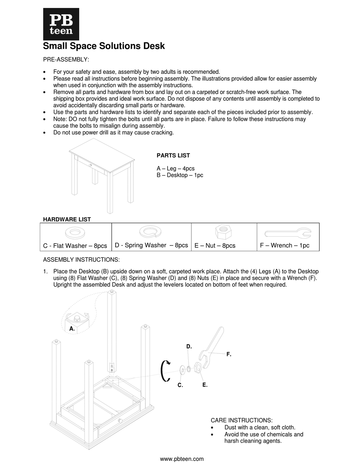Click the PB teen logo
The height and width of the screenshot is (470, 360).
[61, 24]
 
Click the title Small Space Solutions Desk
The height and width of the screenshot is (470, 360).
[104, 46]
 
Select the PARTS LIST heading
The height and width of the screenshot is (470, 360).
[173, 155]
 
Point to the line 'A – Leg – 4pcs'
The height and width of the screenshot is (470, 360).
[175, 169]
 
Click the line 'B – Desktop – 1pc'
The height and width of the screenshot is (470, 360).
[180, 175]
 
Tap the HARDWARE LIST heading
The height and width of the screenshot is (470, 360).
[67, 219]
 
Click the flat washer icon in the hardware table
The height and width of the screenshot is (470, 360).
[75, 231]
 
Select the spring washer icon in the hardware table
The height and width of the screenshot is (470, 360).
[151, 230]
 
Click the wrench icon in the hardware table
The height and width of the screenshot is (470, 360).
[288, 232]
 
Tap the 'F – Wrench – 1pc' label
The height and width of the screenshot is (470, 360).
[285, 245]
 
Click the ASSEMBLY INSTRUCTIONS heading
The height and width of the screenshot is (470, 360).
[81, 259]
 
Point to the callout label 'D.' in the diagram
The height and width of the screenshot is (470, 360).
[189, 347]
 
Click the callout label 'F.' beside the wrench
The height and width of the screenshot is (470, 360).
[229, 354]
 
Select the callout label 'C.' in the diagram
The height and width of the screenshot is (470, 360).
[180, 385]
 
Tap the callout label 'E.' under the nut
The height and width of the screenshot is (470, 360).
[205, 385]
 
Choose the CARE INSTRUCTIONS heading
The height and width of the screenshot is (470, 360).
[241, 420]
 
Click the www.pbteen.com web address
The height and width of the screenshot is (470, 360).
[182, 459]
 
